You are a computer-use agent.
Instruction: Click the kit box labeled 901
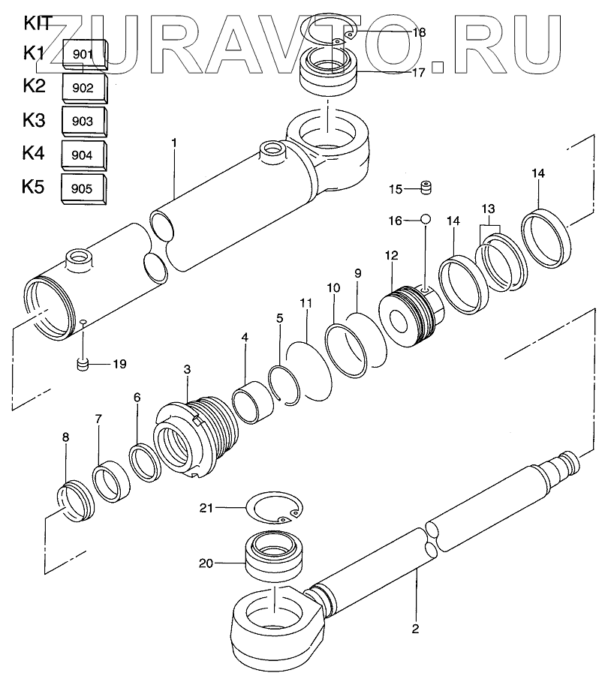coord(83,54)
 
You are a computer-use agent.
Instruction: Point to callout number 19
coord(119,365)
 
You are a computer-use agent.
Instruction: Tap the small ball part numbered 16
coord(425,220)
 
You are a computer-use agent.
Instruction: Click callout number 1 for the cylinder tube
coord(173,142)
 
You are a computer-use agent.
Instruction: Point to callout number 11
coord(305,303)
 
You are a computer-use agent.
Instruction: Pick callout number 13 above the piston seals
coord(488,208)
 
